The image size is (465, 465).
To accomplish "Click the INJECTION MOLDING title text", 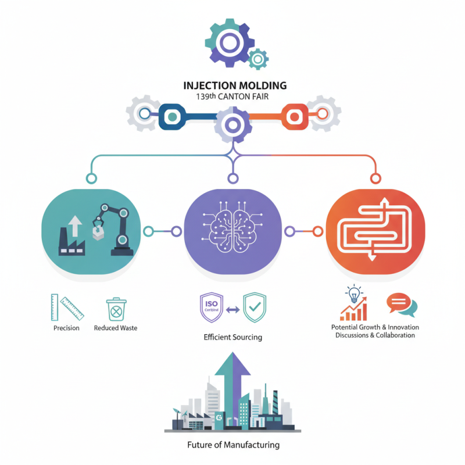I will coord(234,85).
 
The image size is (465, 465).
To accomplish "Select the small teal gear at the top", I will coord(258,59).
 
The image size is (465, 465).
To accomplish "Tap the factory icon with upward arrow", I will coord(73,235).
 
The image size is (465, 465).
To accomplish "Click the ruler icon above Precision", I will coord(66,308).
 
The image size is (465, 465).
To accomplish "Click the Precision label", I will coord(66,328).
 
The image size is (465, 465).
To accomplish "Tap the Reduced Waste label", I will coord(116,328).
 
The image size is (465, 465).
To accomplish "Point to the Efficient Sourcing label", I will coord(233,337).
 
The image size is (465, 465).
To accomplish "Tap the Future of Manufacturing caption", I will coord(233,445).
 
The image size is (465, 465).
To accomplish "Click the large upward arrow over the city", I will coord(232,378).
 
